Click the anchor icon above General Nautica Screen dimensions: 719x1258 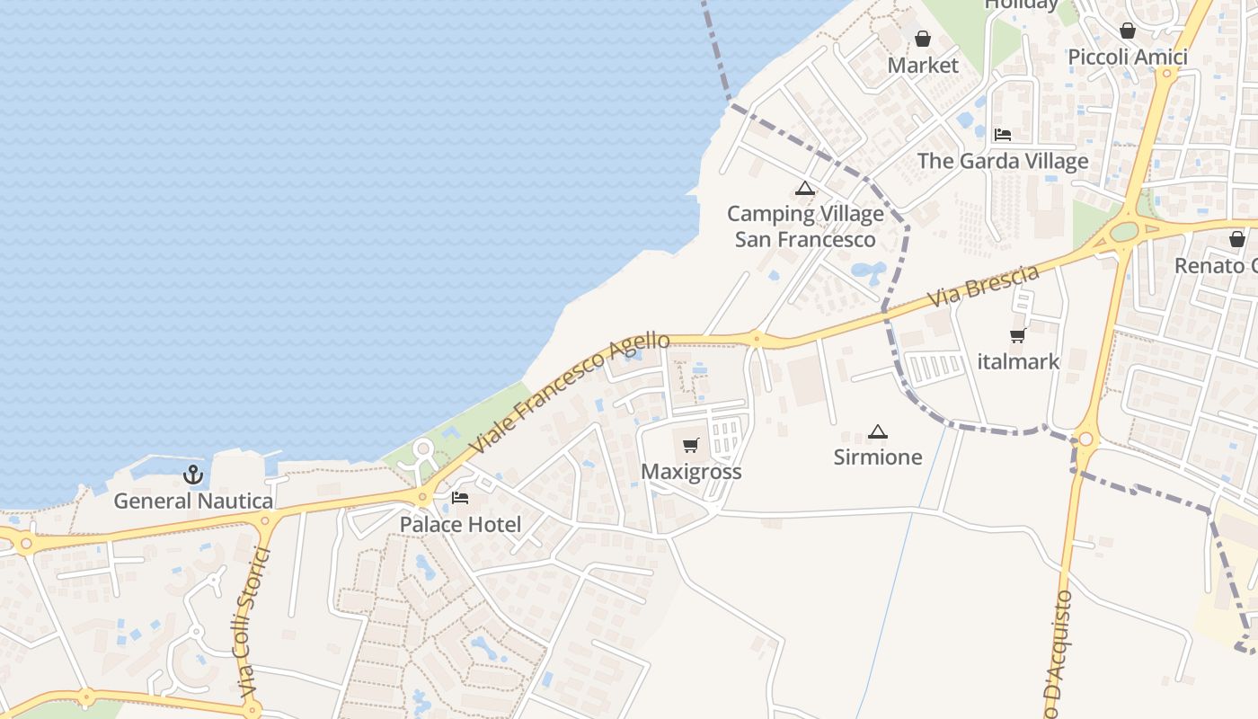click(x=193, y=475)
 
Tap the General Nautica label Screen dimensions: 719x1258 click(x=193, y=501)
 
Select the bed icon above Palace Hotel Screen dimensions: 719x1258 click(x=460, y=498)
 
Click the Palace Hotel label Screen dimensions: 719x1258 click(x=460, y=524)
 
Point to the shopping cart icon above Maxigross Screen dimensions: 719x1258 click(x=691, y=446)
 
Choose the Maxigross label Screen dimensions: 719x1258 click(x=691, y=472)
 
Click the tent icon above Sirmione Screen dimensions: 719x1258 click(x=878, y=431)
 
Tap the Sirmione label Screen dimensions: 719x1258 click(x=878, y=457)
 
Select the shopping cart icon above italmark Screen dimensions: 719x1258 click(x=1018, y=336)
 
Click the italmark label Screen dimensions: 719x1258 click(x=1018, y=361)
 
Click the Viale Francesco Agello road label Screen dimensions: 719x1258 click(x=571, y=393)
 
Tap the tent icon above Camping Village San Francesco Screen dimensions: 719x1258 click(x=804, y=189)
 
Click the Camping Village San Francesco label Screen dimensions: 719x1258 click(x=805, y=226)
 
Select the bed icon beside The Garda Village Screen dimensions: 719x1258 click(x=1003, y=135)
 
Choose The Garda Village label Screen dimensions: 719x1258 click(x=1003, y=161)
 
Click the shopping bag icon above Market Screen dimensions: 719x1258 click(x=923, y=39)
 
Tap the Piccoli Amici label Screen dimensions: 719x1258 click(x=1128, y=57)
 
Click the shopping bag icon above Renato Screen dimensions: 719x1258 click(x=1237, y=239)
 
